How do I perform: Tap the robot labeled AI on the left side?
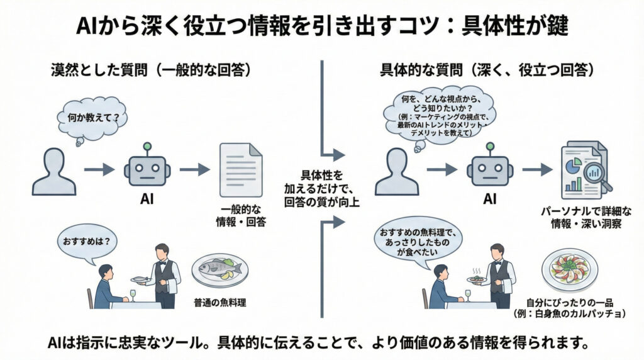[147, 169]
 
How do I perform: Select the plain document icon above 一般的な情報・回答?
[240, 170]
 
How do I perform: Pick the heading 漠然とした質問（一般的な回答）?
[151, 70]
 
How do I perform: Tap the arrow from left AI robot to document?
[194, 169]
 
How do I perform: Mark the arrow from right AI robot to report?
[535, 169]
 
